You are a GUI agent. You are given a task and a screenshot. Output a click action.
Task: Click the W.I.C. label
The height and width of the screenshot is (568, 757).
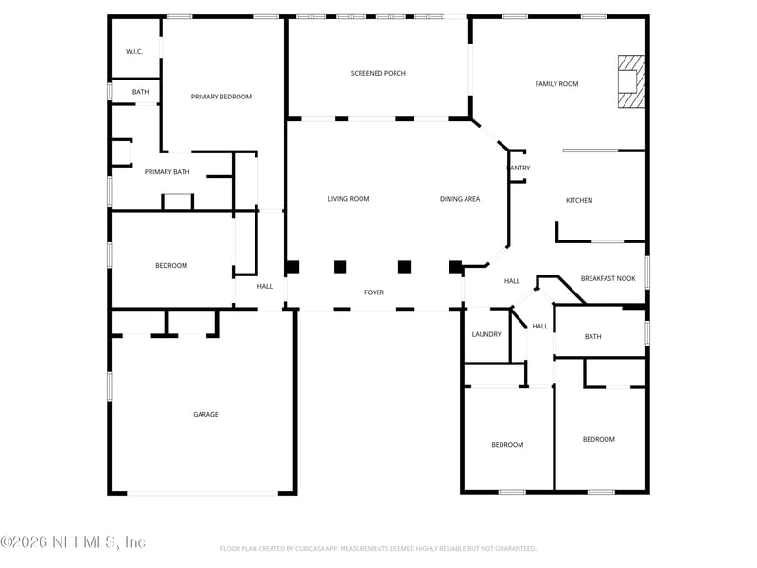pos(134,51)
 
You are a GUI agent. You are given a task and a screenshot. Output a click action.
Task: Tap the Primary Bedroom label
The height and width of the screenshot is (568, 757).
pos(221,97)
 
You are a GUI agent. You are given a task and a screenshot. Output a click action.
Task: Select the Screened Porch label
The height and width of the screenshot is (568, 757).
pos(378,73)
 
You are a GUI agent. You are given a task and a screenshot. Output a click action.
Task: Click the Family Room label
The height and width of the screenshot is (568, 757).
pos(556,84)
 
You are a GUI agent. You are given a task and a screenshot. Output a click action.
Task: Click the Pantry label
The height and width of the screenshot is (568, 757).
pos(519,169)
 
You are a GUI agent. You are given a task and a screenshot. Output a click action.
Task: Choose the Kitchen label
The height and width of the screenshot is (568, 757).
pos(579,200)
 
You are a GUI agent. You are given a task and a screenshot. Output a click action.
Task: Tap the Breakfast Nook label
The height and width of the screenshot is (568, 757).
pos(607,278)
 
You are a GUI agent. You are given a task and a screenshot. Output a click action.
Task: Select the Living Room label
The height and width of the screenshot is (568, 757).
pos(348,199)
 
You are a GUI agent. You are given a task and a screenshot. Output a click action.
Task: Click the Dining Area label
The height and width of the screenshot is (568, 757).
pos(460,199)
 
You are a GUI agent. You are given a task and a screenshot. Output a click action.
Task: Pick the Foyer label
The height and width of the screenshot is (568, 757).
pos(375,293)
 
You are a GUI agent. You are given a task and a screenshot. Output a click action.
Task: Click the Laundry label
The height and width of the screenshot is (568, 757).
pos(486,334)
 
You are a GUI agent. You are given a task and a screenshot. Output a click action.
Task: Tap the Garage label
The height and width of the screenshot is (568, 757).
pos(205,414)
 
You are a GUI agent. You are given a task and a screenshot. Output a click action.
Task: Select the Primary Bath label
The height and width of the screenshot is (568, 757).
pos(167,172)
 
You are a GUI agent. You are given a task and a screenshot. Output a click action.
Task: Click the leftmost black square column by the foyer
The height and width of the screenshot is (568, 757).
pos(293,267)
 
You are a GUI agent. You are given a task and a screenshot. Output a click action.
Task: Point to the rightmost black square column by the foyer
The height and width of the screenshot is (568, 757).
pos(455,267)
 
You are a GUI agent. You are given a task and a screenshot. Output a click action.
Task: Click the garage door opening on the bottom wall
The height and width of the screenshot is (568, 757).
pos(202,492)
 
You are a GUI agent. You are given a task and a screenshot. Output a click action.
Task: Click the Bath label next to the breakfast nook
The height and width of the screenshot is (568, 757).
pos(592,336)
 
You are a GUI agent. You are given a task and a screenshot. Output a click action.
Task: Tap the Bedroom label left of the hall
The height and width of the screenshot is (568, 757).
pos(171,265)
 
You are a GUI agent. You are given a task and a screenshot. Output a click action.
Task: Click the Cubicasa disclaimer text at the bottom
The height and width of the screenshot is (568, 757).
pos(378,548)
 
